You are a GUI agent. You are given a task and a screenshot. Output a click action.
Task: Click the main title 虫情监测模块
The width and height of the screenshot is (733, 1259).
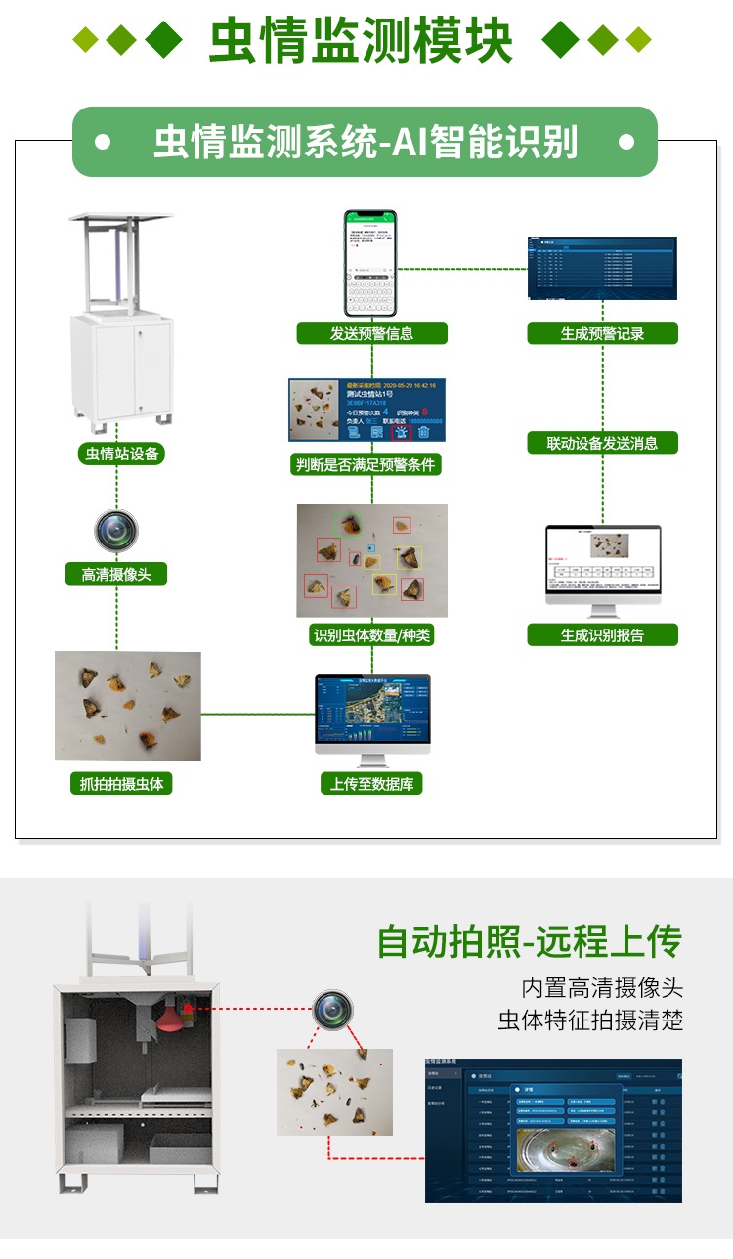362,41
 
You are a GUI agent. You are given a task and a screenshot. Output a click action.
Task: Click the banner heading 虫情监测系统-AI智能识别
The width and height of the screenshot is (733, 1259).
366,143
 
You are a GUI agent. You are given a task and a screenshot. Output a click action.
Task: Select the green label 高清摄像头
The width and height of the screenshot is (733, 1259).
116,574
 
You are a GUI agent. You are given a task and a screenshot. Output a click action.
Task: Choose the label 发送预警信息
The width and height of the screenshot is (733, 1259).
371,333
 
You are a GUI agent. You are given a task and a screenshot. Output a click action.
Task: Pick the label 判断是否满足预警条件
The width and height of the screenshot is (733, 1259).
366,464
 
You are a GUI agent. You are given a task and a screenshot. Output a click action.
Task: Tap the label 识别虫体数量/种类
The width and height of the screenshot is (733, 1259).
371,635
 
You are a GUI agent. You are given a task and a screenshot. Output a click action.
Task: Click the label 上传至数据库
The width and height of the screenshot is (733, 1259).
371,783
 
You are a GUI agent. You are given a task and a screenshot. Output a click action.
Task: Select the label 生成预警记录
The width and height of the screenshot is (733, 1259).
602,333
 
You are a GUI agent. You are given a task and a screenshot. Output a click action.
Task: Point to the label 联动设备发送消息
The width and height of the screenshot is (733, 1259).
602,443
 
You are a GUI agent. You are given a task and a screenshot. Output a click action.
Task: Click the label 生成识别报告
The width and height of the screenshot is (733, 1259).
602,635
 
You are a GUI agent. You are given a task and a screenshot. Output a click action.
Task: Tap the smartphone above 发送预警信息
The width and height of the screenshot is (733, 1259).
369,262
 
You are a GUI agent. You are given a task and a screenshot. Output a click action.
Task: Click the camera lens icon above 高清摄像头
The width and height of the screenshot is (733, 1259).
116,532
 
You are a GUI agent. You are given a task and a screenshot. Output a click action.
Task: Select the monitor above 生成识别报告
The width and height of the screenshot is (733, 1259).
602,569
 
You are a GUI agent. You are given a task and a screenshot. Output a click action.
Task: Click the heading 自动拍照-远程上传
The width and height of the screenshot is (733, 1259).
530,942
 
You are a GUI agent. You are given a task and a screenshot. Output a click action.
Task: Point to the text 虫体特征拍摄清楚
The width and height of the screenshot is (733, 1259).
590,1020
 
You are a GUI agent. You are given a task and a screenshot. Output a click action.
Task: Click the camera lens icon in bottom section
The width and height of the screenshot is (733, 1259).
332,1009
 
